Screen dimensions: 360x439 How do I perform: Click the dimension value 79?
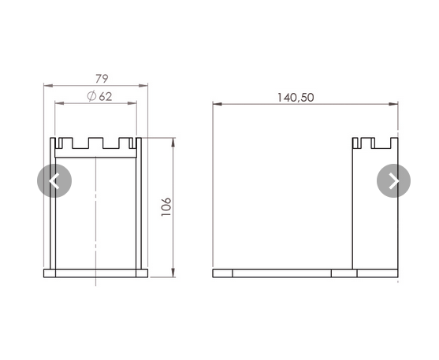(x=102, y=78)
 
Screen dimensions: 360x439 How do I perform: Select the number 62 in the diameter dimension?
(x=106, y=96)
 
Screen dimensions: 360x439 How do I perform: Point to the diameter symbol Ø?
(x=91, y=96)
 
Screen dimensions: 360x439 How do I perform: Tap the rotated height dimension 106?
(x=166, y=206)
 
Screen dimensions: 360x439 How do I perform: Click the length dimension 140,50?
(x=296, y=98)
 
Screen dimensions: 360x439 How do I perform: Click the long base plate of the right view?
(x=305, y=273)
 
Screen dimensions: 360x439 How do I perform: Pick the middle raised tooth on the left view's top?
(x=95, y=143)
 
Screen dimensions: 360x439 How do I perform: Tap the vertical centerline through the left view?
(x=96, y=213)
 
